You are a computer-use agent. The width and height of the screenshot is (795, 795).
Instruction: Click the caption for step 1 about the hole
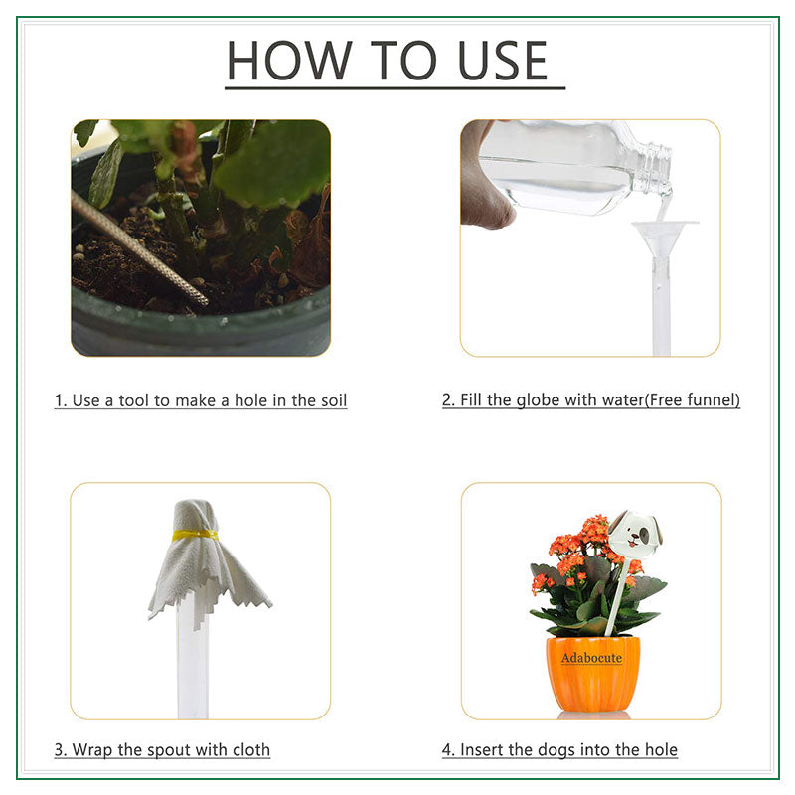click(x=201, y=401)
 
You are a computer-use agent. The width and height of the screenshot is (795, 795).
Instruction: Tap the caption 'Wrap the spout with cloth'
click(x=162, y=750)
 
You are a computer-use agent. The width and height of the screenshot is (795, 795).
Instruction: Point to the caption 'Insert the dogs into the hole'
click(x=559, y=750)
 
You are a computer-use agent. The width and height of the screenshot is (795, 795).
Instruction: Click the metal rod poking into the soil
click(x=139, y=248)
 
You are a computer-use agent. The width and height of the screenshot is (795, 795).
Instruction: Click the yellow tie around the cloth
click(x=195, y=535)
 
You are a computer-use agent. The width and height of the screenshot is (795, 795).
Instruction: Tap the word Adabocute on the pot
click(x=591, y=658)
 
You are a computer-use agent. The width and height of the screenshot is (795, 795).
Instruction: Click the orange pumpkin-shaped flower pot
click(x=593, y=676)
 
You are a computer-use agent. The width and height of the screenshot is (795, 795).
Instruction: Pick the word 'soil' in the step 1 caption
click(x=331, y=401)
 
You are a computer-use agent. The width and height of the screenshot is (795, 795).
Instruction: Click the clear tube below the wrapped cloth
click(x=192, y=666)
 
